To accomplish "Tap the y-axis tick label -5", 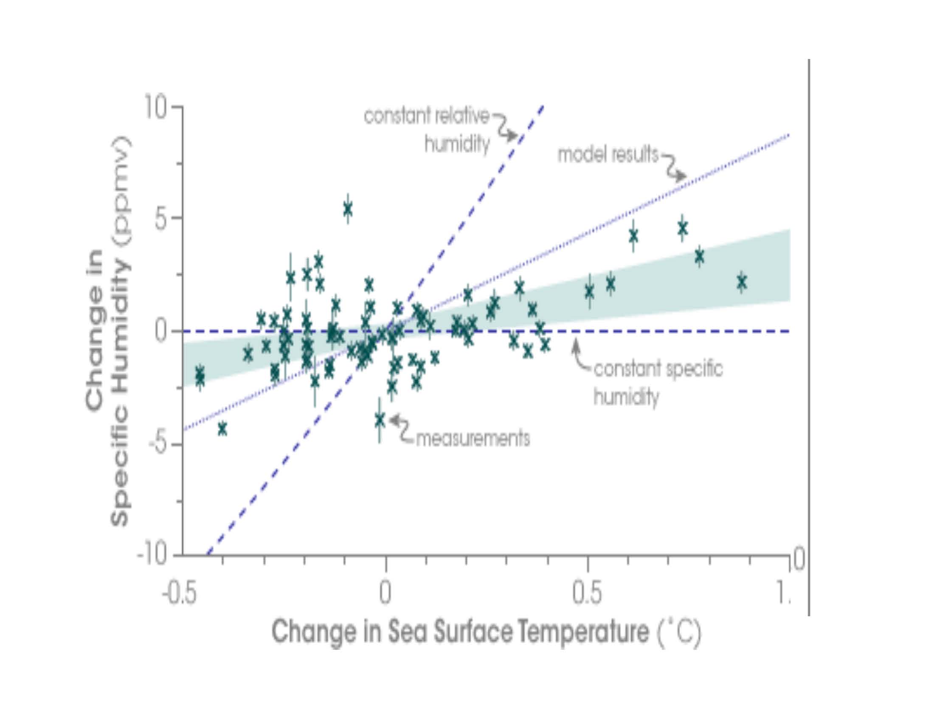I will click(158, 445).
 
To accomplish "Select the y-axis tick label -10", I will click(152, 556).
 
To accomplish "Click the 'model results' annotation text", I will click(608, 155).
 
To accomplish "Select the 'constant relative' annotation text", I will click(426, 116).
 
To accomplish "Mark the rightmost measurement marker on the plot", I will click(742, 282).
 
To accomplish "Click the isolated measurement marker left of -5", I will click(222, 429).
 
